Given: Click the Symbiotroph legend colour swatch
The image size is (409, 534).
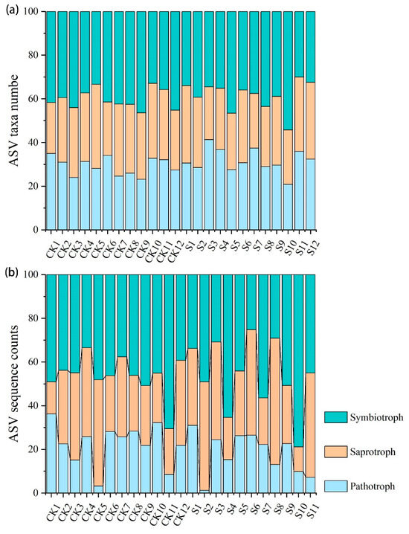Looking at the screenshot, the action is [x=335, y=417].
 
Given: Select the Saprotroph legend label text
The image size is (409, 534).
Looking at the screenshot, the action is [x=373, y=452].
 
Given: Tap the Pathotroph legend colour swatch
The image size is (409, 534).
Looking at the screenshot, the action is [x=335, y=486].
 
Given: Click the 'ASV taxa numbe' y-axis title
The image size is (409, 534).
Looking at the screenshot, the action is [x=14, y=120].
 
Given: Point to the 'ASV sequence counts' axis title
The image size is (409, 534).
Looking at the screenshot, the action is [x=14, y=384].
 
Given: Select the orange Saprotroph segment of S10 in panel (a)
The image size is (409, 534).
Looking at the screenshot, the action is [x=288, y=157].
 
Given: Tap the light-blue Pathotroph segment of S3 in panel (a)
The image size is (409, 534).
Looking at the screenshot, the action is [x=209, y=184].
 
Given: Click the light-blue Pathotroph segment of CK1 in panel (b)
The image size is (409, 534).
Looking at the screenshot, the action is [x=51, y=453].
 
